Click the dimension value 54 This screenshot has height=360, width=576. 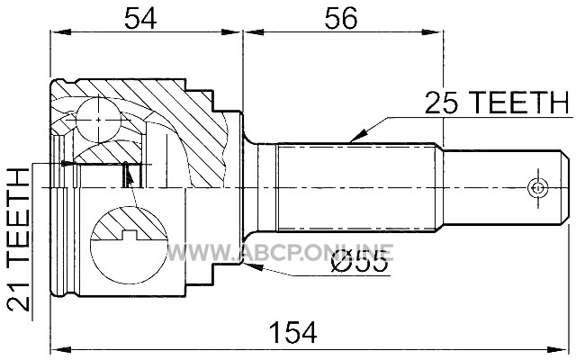[140, 18]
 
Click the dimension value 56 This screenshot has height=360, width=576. [340, 18]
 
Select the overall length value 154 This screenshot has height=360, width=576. [292, 332]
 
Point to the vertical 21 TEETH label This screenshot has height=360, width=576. [19, 239]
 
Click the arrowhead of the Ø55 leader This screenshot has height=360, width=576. [254, 266]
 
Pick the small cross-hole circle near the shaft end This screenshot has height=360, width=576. [537, 188]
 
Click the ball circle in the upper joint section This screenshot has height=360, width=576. [98, 120]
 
